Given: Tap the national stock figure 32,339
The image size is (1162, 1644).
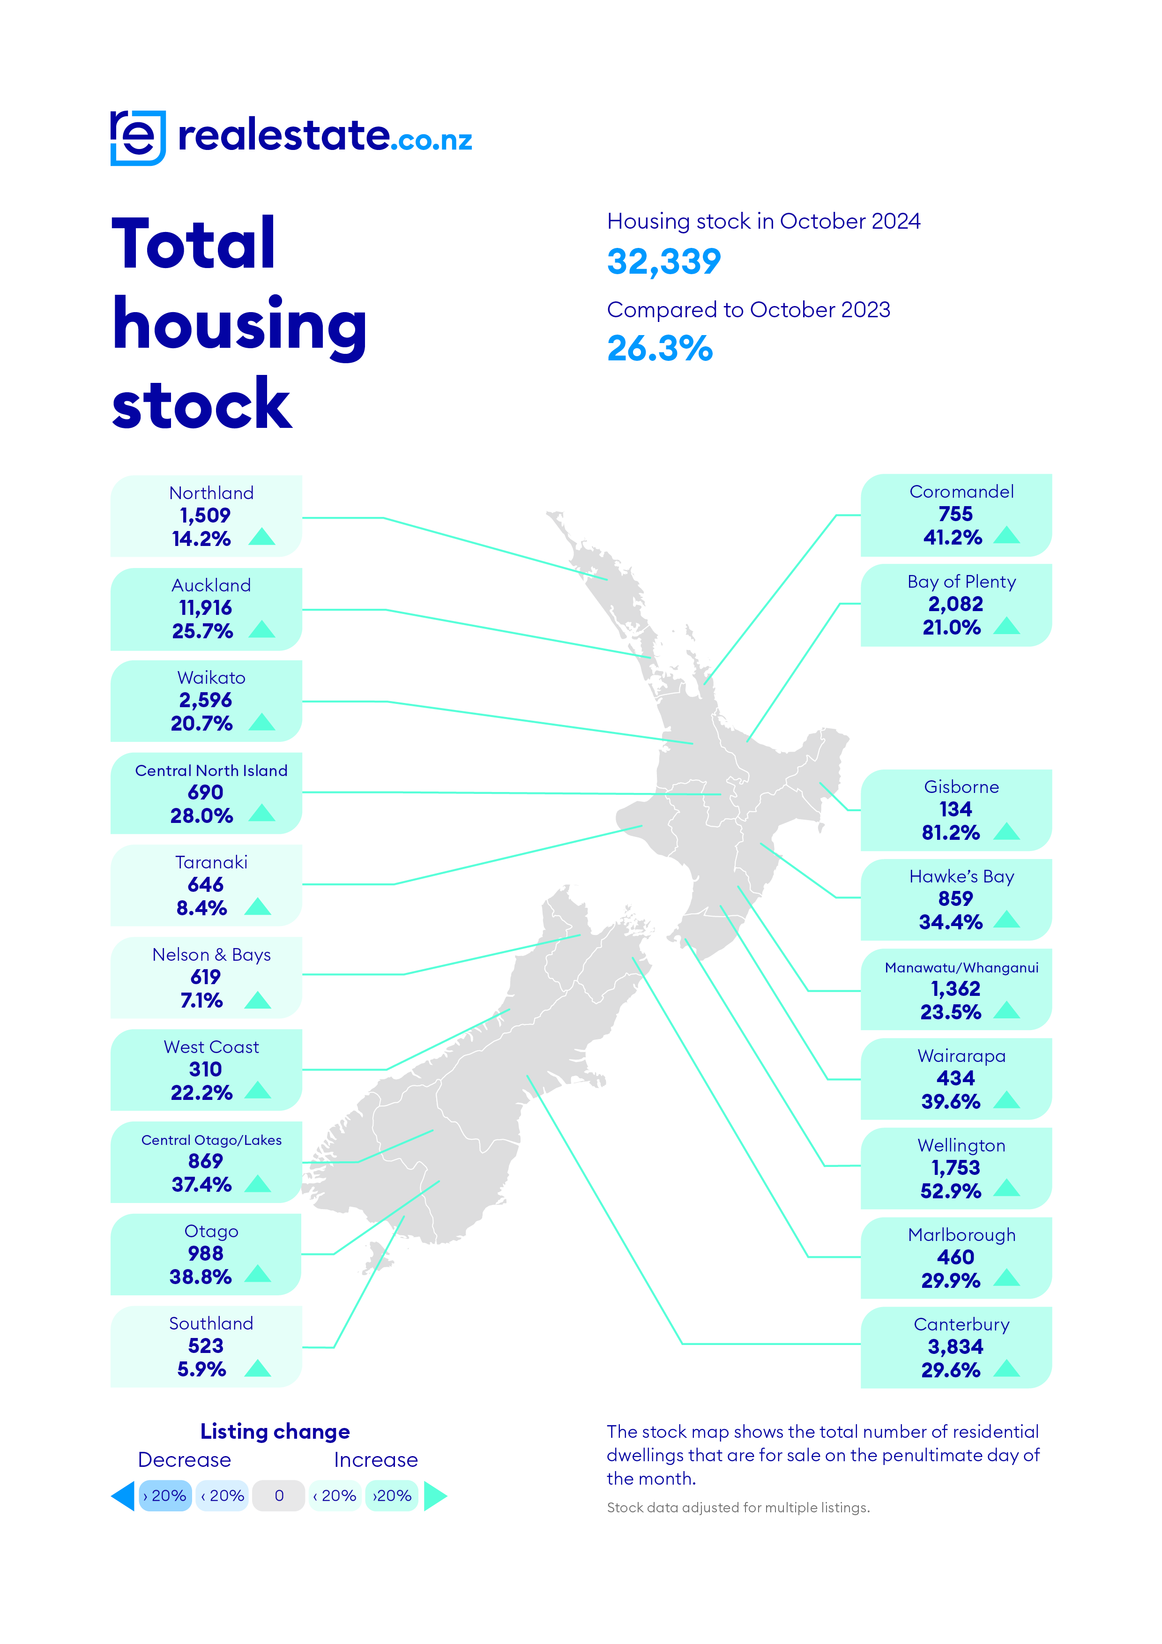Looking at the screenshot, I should tap(663, 262).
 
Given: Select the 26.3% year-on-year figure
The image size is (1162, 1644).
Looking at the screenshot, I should tap(659, 350).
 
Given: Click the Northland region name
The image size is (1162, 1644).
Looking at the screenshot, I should tap(211, 493).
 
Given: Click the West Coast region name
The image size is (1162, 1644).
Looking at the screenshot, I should tap(211, 1047).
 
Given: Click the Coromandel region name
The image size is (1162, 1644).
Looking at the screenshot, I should tap(961, 492).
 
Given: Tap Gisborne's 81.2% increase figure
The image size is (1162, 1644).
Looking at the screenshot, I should tap(951, 833).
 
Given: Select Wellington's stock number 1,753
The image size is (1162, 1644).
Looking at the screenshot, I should tap(956, 1168).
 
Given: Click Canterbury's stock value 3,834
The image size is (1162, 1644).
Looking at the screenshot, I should tap(956, 1347).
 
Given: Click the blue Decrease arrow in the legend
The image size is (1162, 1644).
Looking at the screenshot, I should tap(123, 1496).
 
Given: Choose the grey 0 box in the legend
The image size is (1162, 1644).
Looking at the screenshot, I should tap(279, 1496).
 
